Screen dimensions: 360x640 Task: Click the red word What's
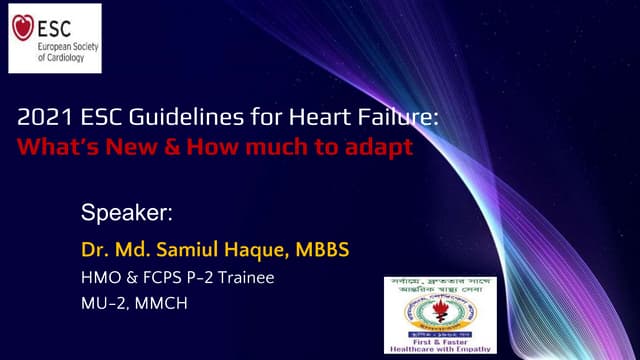click(53, 145)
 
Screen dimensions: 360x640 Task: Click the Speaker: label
click(127, 213)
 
